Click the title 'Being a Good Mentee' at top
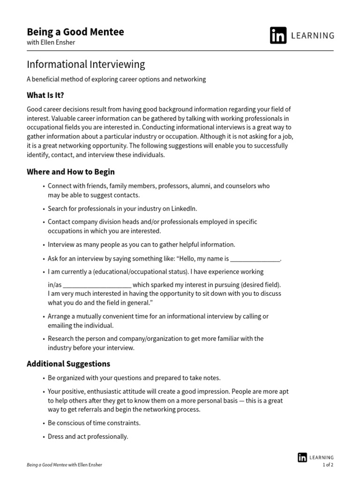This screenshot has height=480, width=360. (75, 32)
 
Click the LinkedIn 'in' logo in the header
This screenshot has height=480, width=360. (278, 36)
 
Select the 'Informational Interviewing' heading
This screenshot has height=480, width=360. (86, 64)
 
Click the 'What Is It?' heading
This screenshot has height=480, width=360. (45, 95)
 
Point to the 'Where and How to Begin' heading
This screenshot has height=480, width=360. (71, 172)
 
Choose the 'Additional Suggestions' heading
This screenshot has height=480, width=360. (68, 364)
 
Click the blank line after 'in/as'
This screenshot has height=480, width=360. (97, 285)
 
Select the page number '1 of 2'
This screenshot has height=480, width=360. (328, 465)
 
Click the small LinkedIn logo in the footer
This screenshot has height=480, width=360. (302, 457)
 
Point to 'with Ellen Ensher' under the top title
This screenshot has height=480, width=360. (51, 43)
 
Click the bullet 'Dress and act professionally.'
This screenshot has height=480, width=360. (88, 436)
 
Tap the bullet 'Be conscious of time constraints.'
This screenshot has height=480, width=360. (94, 423)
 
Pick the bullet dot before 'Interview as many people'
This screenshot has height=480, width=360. (44, 245)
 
